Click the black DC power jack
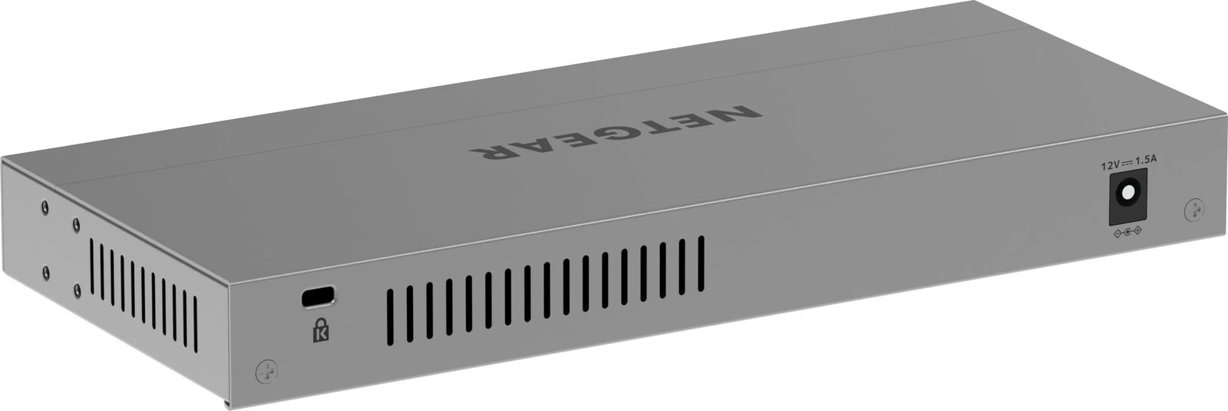(x=1127, y=195)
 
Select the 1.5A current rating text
(x=1146, y=161)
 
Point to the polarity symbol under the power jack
(x=1127, y=232)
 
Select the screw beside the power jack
(x=1193, y=209)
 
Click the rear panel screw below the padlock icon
(x=266, y=371)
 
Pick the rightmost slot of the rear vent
(x=701, y=264)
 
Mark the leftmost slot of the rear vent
(x=390, y=315)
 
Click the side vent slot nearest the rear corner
(x=195, y=324)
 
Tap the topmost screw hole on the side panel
(x=45, y=207)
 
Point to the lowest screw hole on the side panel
(x=77, y=290)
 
